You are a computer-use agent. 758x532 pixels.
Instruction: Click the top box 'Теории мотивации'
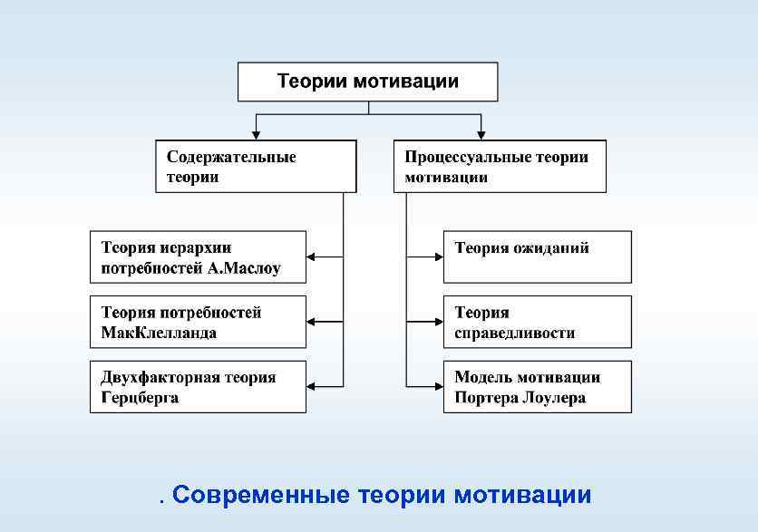click(367, 82)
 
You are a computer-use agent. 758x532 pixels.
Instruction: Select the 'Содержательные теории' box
click(256, 166)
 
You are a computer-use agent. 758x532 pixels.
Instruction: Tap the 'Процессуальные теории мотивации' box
click(500, 166)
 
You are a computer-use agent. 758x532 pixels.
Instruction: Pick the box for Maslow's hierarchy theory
click(198, 257)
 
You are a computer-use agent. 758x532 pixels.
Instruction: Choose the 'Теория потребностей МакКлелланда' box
click(198, 322)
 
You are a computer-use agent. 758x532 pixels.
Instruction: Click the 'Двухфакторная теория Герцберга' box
click(198, 387)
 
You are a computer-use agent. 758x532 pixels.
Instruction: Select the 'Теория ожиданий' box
click(537, 257)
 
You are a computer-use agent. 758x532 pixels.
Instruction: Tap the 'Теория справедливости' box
click(537, 322)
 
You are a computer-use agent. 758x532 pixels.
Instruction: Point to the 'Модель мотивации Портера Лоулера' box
click(537, 387)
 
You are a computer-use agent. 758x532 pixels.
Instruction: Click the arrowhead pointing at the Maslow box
click(312, 257)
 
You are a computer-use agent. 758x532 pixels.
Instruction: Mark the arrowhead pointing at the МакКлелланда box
click(312, 322)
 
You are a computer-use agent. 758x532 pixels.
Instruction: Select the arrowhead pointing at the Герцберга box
click(312, 387)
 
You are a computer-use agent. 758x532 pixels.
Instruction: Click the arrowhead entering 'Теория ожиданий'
click(438, 257)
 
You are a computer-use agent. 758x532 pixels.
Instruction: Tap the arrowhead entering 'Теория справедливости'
click(438, 322)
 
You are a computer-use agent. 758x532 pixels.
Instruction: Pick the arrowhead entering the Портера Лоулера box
click(438, 387)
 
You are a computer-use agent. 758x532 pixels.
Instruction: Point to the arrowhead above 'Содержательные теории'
click(257, 135)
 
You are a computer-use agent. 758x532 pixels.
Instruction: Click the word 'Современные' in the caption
click(261, 496)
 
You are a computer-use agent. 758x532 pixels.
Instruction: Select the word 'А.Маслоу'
click(245, 268)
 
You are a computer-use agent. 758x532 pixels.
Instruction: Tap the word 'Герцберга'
click(140, 398)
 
